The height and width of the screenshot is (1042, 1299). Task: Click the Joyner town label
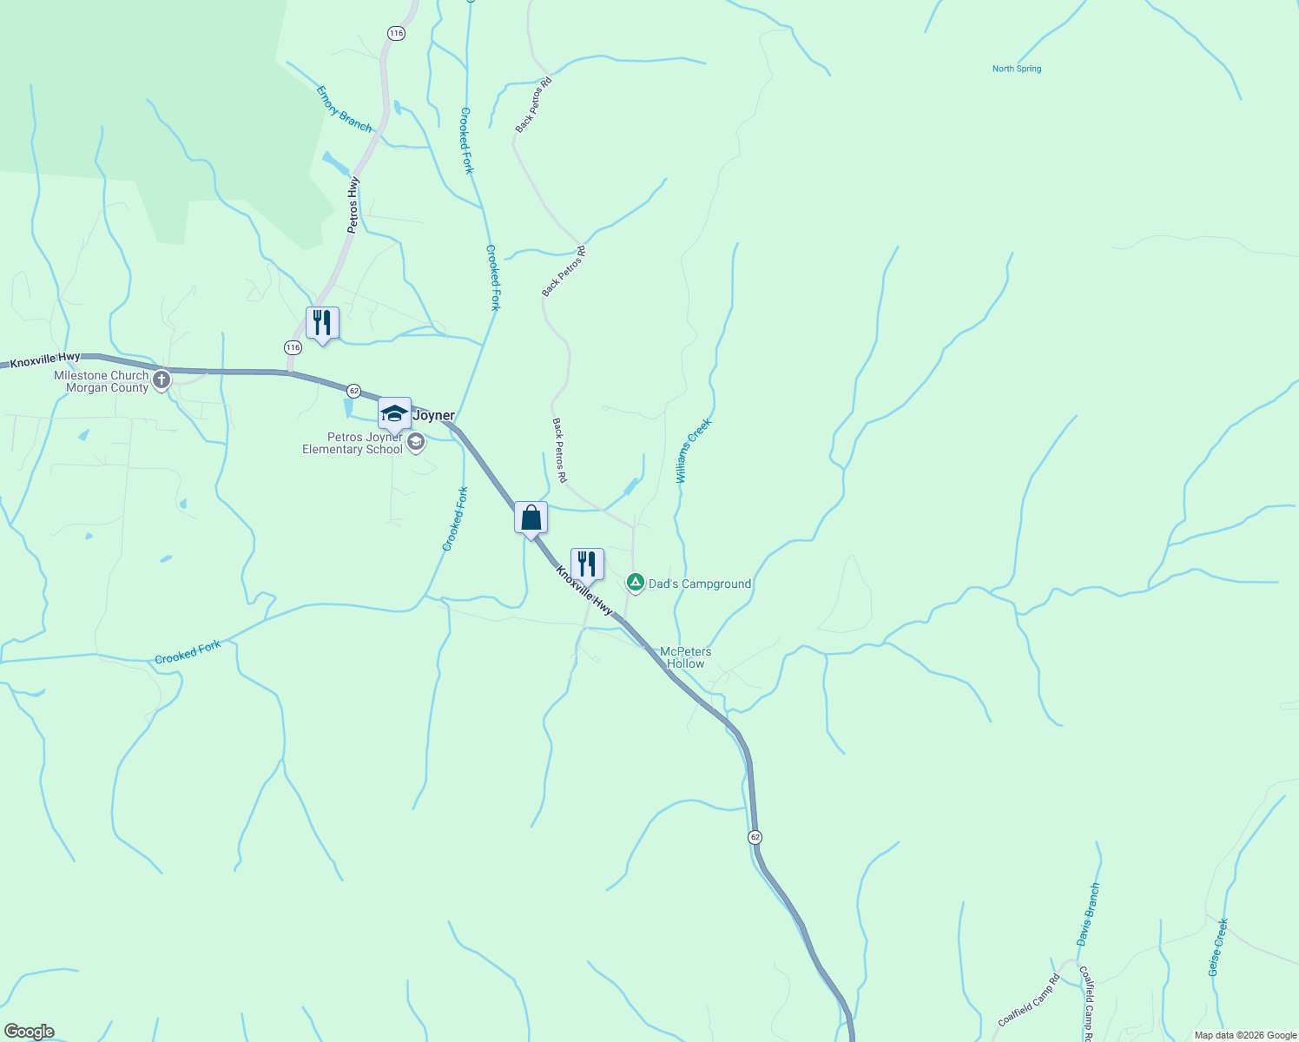(433, 415)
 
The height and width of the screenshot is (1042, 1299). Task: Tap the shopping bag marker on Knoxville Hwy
(531, 518)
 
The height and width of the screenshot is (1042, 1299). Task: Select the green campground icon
(636, 583)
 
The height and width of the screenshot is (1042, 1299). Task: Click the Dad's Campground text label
(700, 584)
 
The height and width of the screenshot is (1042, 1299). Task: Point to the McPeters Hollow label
(685, 657)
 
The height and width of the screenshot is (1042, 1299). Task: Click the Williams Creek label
(694, 451)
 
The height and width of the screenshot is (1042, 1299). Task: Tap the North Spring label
(1017, 69)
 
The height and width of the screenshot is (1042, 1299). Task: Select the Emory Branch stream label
(344, 109)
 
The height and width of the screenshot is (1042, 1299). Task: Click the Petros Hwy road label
(353, 205)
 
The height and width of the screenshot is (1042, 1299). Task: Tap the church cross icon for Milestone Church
(162, 379)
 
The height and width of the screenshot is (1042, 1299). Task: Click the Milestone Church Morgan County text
(102, 382)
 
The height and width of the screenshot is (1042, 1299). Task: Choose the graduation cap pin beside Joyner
(394, 413)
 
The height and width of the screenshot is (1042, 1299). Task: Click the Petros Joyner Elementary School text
(353, 443)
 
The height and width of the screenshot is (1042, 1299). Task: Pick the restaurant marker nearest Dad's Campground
(587, 564)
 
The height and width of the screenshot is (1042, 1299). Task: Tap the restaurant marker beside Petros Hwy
(322, 323)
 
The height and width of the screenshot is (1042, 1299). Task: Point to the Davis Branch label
(1088, 914)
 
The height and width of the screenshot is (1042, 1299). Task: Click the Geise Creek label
(1218, 947)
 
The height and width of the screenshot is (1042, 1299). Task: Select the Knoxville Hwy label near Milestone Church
(45, 358)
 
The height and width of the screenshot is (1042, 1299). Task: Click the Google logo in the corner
(29, 1032)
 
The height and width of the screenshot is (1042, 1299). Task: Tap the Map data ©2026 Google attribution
(1245, 1035)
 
